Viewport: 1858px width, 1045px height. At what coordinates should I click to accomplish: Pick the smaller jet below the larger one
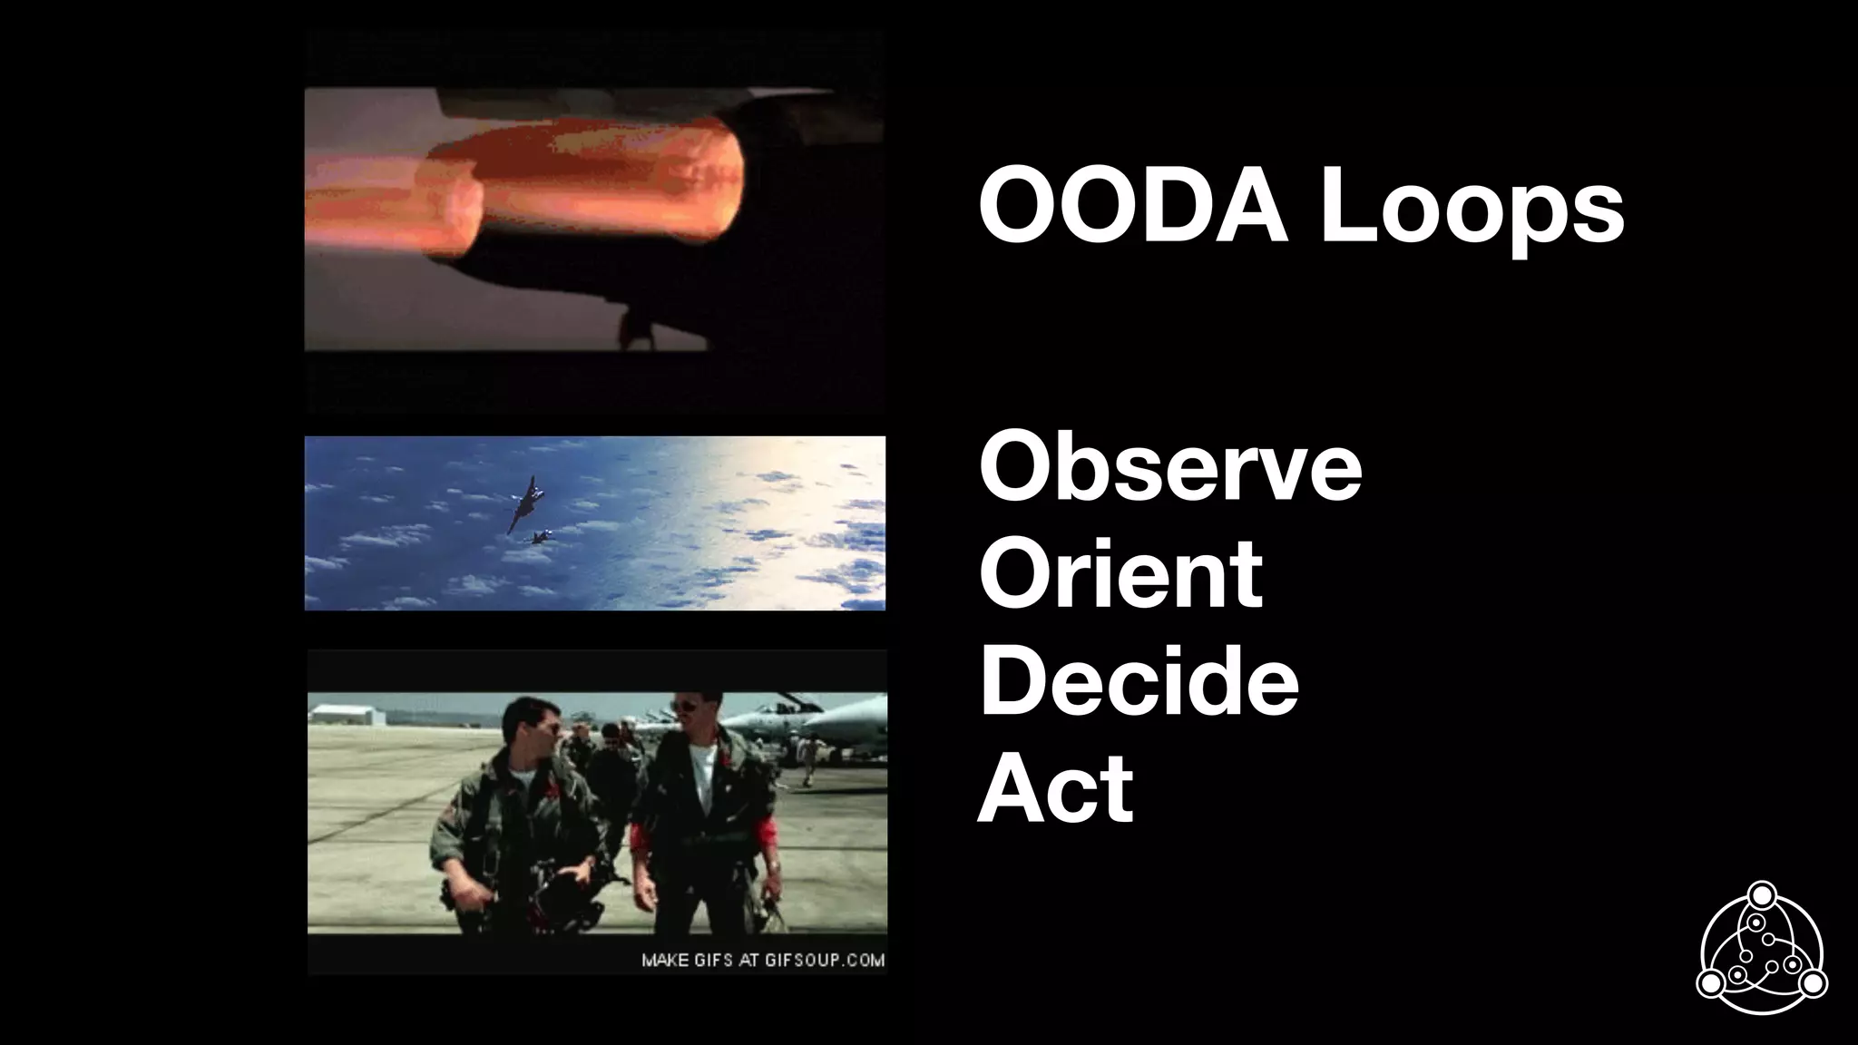coord(543,538)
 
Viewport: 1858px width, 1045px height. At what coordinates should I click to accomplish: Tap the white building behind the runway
coord(347,713)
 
